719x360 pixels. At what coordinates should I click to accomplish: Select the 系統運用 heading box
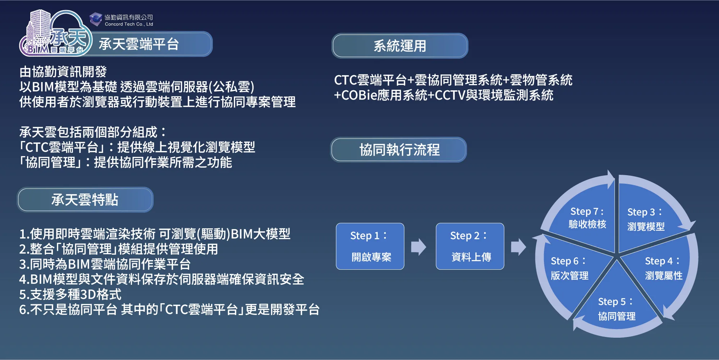tap(399, 46)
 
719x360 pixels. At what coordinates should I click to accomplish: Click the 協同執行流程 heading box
tap(399, 150)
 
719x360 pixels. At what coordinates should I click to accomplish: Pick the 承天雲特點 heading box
tap(85, 200)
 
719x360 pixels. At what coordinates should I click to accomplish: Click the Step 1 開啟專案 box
tap(370, 246)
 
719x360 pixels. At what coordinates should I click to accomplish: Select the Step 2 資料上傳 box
tap(470, 246)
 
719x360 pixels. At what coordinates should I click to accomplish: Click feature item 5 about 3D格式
tap(70, 295)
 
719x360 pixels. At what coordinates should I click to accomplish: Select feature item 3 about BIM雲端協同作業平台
tap(105, 264)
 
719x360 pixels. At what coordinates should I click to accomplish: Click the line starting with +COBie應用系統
tap(444, 95)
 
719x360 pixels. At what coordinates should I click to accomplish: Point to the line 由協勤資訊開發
tap(63, 72)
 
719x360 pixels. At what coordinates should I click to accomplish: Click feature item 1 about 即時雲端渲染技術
tap(155, 234)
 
